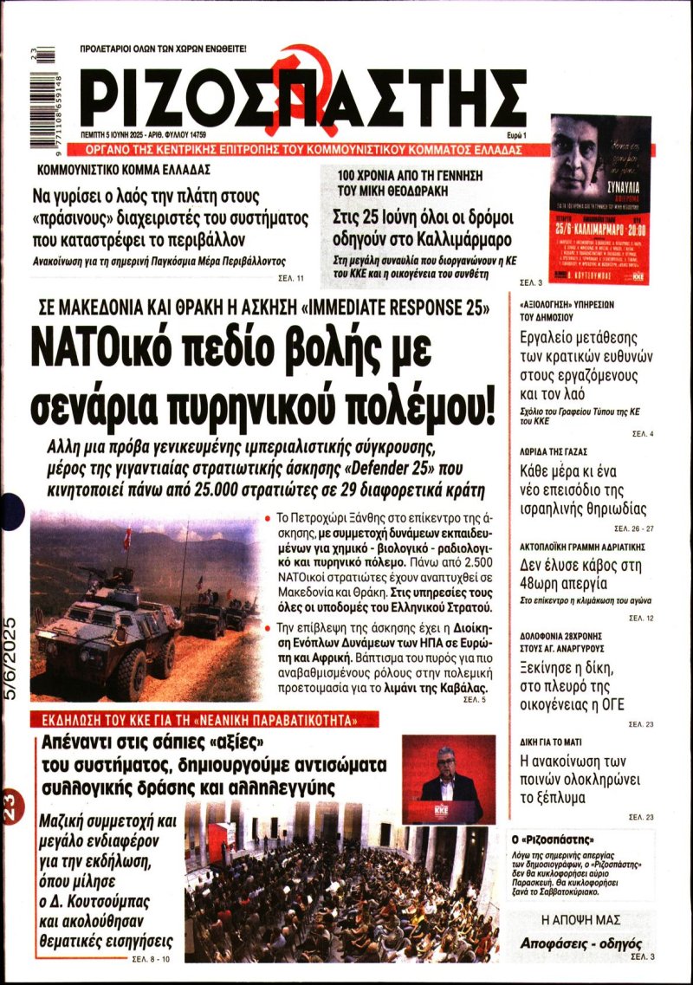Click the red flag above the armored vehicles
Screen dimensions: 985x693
coord(126,538)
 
